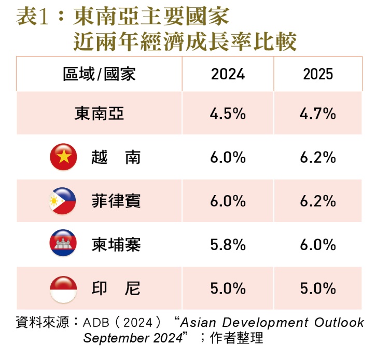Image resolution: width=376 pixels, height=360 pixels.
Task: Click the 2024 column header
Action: coord(228,74)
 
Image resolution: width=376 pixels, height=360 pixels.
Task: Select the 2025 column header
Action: coord(318,74)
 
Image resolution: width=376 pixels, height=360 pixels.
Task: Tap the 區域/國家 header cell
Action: coord(99,74)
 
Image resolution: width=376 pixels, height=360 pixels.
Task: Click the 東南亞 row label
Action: coord(99,114)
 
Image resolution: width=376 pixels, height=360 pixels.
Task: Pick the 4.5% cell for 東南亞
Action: coord(228,114)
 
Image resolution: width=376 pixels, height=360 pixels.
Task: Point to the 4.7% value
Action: coord(318,114)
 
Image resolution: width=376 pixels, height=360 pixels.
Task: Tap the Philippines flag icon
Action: coord(63,201)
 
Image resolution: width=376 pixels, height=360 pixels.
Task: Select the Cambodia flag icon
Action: coord(63,244)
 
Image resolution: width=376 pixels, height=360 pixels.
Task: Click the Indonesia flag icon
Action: coord(63,288)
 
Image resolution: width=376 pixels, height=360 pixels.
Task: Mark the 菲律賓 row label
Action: coord(115,201)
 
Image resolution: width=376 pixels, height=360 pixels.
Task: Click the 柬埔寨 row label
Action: coord(115,245)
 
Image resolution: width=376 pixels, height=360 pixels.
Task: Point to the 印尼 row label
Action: coord(115,288)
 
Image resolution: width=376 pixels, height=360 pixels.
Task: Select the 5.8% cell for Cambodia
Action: coord(228,245)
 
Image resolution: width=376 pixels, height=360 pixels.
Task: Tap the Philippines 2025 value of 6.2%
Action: coord(318,201)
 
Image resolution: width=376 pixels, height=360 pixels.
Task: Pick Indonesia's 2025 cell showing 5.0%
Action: coord(318,288)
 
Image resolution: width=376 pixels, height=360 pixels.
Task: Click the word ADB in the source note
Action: coord(95,323)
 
